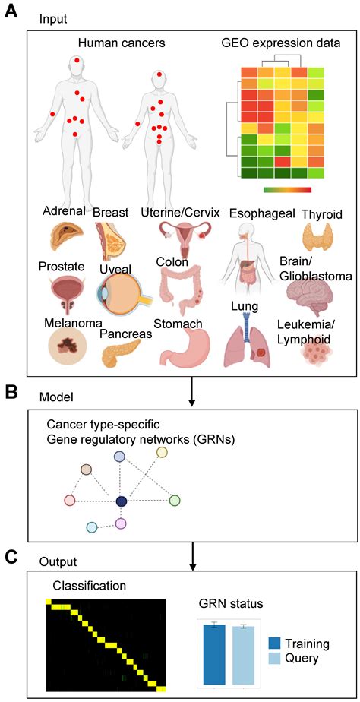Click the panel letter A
pyautogui.click(x=12, y=14)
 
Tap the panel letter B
pyautogui.click(x=12, y=392)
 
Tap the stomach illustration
pyautogui.click(x=185, y=352)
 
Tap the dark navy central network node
pyautogui.click(x=121, y=501)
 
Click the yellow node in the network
pyautogui.click(x=161, y=453)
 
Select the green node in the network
pyautogui.click(x=174, y=500)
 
